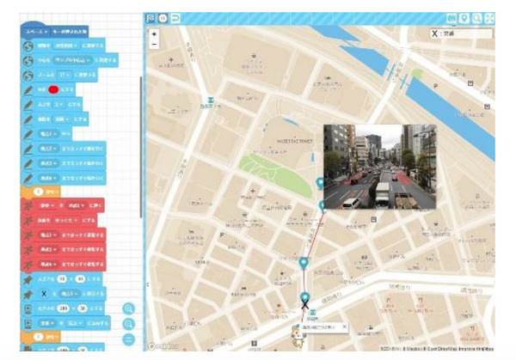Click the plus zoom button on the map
tap(153, 34)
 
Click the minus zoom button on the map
tap(153, 45)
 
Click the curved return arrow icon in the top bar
tap(175, 17)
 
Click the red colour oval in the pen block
tap(53, 88)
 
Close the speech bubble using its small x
tap(343, 326)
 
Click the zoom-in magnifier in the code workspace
tap(129, 308)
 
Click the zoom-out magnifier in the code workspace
tap(129, 324)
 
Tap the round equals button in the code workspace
tap(129, 339)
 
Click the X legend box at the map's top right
tap(461, 34)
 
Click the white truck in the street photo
tap(382, 193)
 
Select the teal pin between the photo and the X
tap(304, 262)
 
